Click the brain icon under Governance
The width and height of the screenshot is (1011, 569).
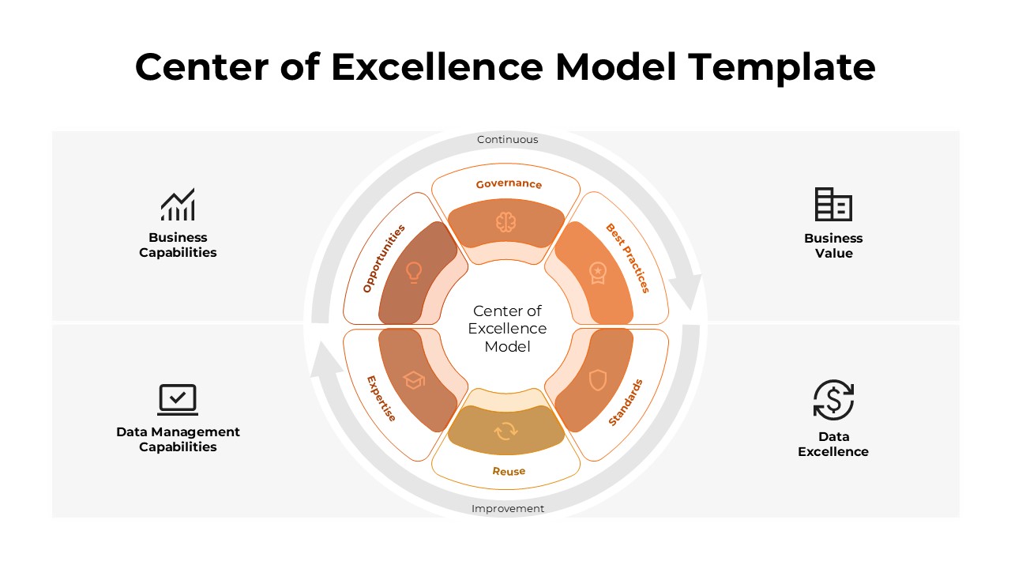click(x=505, y=222)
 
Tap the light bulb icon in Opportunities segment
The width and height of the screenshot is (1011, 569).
click(x=414, y=273)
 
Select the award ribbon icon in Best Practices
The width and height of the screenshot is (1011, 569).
click(x=598, y=273)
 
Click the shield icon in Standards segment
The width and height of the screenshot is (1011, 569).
click(x=598, y=380)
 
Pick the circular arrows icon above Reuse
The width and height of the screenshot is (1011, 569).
click(x=505, y=431)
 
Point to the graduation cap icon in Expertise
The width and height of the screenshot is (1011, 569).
click(x=414, y=380)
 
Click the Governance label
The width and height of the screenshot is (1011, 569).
click(x=509, y=184)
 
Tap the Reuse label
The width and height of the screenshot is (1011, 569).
click(x=509, y=471)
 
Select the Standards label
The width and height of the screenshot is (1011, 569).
click(x=626, y=403)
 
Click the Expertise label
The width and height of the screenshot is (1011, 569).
click(x=382, y=398)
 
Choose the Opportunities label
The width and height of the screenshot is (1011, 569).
click(x=384, y=258)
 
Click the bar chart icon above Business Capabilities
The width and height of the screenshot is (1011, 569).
click(x=178, y=205)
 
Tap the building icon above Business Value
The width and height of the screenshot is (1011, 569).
click(x=833, y=205)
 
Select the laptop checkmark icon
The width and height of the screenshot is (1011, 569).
click(x=178, y=399)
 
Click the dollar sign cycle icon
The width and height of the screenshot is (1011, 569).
click(x=833, y=400)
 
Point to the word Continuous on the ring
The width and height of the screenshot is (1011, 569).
click(x=507, y=140)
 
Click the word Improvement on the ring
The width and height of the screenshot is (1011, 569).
click(x=508, y=509)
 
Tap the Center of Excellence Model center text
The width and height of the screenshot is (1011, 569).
click(x=507, y=329)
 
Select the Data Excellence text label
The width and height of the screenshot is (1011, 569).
click(x=833, y=444)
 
